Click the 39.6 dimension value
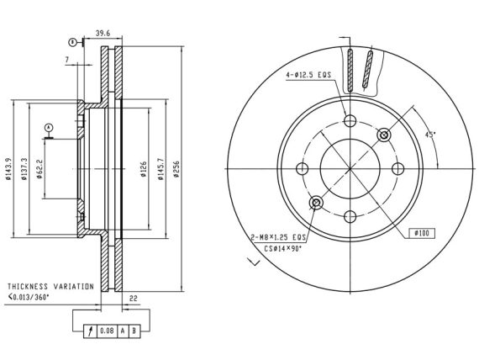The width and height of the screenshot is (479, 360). [103, 34]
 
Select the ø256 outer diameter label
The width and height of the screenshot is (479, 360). [176, 169]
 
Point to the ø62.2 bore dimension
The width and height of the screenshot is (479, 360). [39, 169]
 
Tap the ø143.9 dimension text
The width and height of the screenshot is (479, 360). [8, 169]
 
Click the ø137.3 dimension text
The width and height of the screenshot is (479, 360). [24, 169]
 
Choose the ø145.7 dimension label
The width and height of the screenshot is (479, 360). [161, 169]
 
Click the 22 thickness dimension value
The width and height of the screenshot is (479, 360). [134, 299]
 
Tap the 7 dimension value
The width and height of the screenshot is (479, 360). [67, 60]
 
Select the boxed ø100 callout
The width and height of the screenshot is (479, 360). [422, 233]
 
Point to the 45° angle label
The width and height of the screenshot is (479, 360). [430, 135]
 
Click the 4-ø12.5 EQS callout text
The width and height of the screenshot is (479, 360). [308, 75]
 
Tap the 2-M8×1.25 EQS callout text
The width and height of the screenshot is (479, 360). [278, 237]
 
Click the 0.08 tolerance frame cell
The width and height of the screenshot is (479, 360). [107, 331]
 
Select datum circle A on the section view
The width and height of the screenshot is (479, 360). [49, 127]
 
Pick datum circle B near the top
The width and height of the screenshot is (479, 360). [72, 42]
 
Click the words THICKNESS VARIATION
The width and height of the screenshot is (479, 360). [50, 287]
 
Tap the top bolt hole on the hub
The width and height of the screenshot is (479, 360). [350, 120]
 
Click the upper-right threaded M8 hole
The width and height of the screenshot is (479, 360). [384, 135]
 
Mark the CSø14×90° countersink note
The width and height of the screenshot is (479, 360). [283, 249]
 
